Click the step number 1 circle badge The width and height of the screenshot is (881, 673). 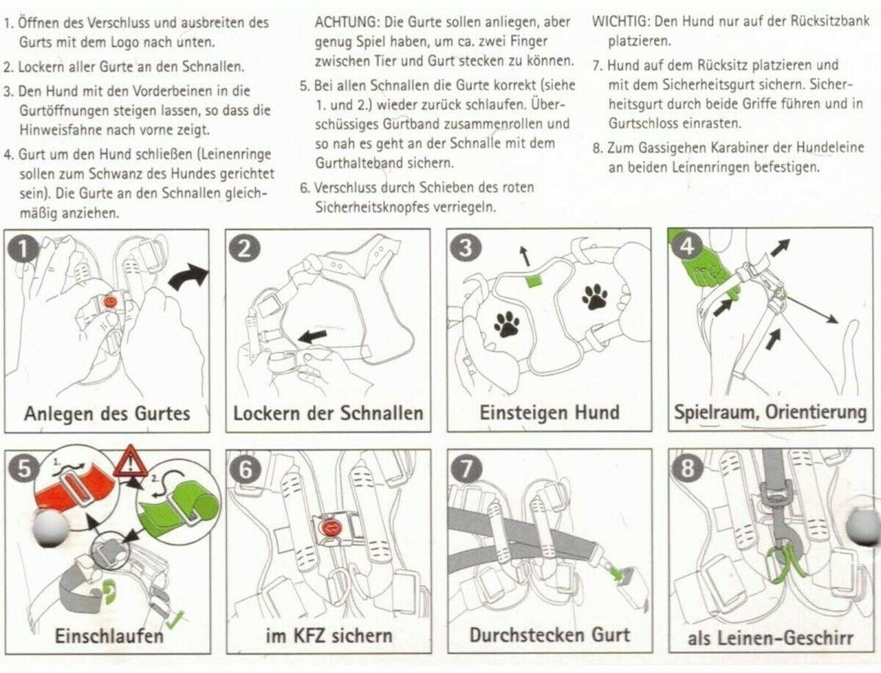pyautogui.click(x=23, y=249)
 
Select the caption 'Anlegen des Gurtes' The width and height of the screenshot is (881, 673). pyautogui.click(x=106, y=413)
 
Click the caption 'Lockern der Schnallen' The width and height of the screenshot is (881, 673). pyautogui.click(x=328, y=413)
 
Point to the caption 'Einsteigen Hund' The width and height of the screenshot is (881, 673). pyautogui.click(x=549, y=413)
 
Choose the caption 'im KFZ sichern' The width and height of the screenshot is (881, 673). pyautogui.click(x=328, y=636)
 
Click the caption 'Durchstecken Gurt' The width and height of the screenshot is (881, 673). pyautogui.click(x=549, y=634)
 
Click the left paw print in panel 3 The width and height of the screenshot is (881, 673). pyautogui.click(x=506, y=323)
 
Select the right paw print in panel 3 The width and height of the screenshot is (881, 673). pyautogui.click(x=594, y=296)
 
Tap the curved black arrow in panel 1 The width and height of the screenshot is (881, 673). pyautogui.click(x=188, y=278)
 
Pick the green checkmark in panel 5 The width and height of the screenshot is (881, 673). pyautogui.click(x=175, y=622)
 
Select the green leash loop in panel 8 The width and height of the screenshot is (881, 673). pyautogui.click(x=787, y=561)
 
